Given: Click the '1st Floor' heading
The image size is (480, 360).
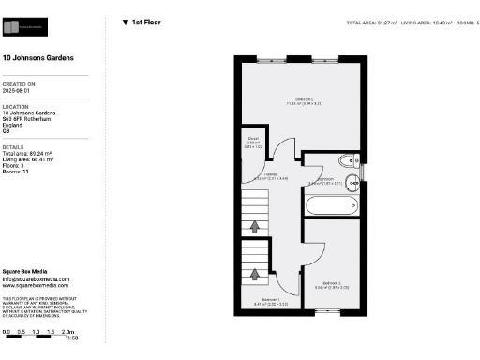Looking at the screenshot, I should (x=145, y=22).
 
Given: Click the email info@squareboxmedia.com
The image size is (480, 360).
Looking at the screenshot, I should (x=36, y=279).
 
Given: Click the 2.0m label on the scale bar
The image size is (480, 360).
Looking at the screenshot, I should (x=67, y=332).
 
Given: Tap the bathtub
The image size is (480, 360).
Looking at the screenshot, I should (x=332, y=205).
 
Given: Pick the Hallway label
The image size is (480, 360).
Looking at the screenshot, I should (x=271, y=175).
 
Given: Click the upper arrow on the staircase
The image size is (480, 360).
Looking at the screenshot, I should (x=255, y=225).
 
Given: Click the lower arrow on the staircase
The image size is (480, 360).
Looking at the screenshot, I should (x=255, y=275).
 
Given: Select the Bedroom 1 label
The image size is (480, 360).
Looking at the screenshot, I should (x=271, y=301).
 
